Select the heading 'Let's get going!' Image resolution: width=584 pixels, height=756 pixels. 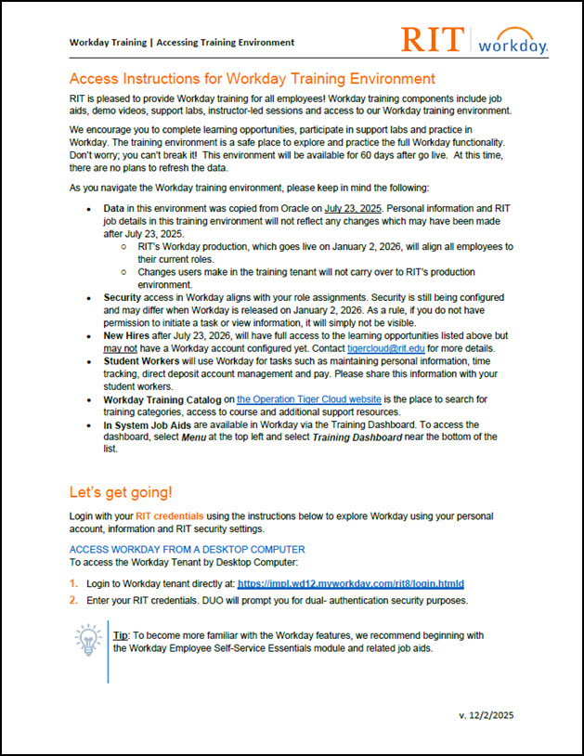[x=121, y=491]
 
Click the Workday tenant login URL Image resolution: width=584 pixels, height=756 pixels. [x=350, y=583]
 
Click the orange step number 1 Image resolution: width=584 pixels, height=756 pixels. [x=74, y=583]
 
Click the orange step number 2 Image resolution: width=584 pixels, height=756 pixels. [x=74, y=600]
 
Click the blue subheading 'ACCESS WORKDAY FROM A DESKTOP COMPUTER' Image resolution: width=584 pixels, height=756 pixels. [x=188, y=550]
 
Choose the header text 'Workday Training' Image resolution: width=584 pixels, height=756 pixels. [x=110, y=42]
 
